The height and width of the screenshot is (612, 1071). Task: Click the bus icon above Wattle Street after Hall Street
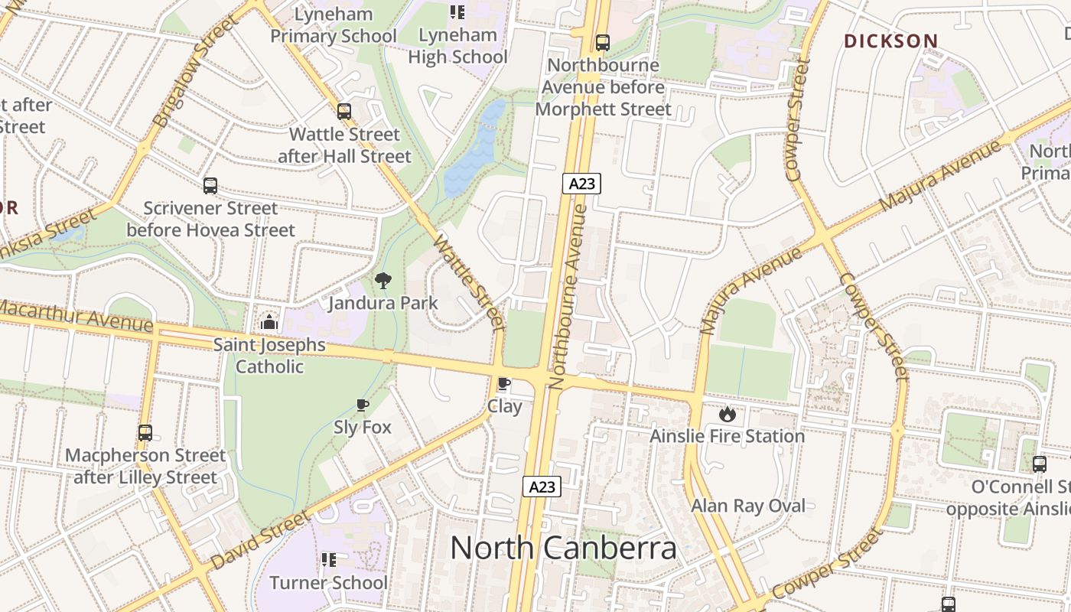(344, 112)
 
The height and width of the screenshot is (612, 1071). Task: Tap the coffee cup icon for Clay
(504, 383)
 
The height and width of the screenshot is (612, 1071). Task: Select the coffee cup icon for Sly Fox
(363, 405)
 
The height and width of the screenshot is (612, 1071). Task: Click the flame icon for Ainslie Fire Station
(727, 414)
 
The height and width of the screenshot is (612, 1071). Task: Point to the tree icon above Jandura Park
(383, 281)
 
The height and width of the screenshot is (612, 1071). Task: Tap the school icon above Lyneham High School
(457, 12)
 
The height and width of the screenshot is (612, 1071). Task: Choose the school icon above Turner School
(329, 560)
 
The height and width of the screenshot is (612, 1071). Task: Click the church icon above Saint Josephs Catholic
(269, 322)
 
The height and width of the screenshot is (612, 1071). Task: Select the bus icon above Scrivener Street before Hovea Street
(210, 185)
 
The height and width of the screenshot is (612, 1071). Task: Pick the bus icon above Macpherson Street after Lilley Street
(145, 433)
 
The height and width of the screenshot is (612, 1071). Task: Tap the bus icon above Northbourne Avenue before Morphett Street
(603, 43)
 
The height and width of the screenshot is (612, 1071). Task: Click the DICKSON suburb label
(891, 41)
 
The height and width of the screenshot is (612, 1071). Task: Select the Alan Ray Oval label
(748, 506)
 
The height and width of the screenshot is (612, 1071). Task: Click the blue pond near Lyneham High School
(474, 153)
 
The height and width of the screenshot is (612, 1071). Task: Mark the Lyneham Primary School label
(334, 25)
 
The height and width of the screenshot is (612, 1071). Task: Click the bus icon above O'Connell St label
(1039, 464)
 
